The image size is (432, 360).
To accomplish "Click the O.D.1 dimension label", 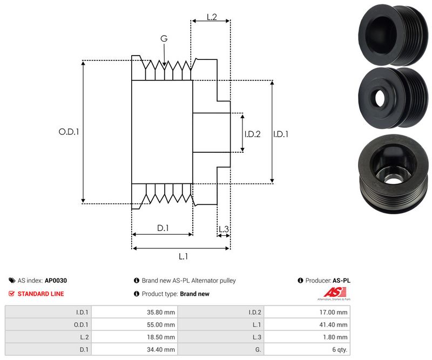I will point(69,131).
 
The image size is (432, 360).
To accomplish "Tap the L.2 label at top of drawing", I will point(211,18).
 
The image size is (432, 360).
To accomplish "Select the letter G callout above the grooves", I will point(164,38).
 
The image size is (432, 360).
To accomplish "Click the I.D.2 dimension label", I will point(252,134).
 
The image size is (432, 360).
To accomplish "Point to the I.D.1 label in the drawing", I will point(281,134).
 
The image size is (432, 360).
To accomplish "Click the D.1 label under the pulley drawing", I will point(163,228).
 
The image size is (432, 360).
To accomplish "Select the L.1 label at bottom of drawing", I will point(183,256).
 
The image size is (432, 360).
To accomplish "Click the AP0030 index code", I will point(56,281).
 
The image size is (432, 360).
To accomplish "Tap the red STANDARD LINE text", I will point(40,294).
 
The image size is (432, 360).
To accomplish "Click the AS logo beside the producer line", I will point(332,293).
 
